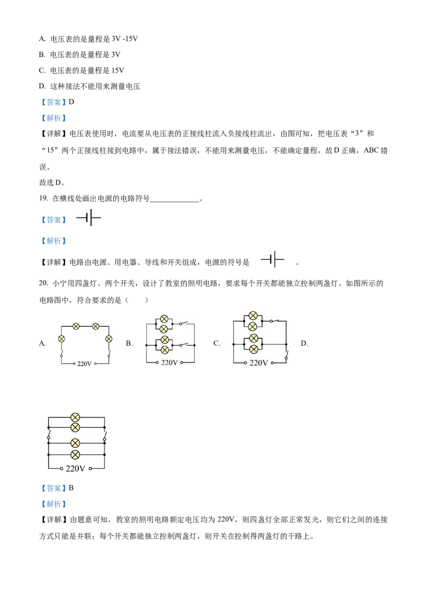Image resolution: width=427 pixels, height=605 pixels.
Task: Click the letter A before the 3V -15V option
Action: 42,38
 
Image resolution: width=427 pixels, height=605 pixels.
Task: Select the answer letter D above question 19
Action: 72,102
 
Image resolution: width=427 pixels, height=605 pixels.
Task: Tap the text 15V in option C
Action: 117,70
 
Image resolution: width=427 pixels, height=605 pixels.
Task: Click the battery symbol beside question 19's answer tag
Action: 89,218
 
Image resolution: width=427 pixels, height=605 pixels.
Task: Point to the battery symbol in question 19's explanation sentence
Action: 272,260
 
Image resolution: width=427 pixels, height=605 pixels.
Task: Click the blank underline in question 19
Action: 175,200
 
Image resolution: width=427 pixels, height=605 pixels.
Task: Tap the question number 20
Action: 43,283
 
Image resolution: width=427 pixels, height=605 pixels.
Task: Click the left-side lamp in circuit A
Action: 61,339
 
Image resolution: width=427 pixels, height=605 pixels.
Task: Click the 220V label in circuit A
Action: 84,363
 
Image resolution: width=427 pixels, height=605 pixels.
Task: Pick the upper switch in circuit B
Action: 184,323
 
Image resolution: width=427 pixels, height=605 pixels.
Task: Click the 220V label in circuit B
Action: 169,363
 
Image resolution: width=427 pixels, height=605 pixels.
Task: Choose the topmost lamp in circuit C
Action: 253,316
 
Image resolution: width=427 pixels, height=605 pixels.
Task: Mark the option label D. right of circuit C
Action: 304,343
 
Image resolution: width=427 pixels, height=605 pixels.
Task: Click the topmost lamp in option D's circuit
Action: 75,417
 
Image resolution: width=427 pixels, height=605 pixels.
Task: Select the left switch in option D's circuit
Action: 49,436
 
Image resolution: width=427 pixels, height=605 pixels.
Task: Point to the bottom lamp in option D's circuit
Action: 75,455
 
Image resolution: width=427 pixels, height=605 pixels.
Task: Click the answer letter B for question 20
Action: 71,488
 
